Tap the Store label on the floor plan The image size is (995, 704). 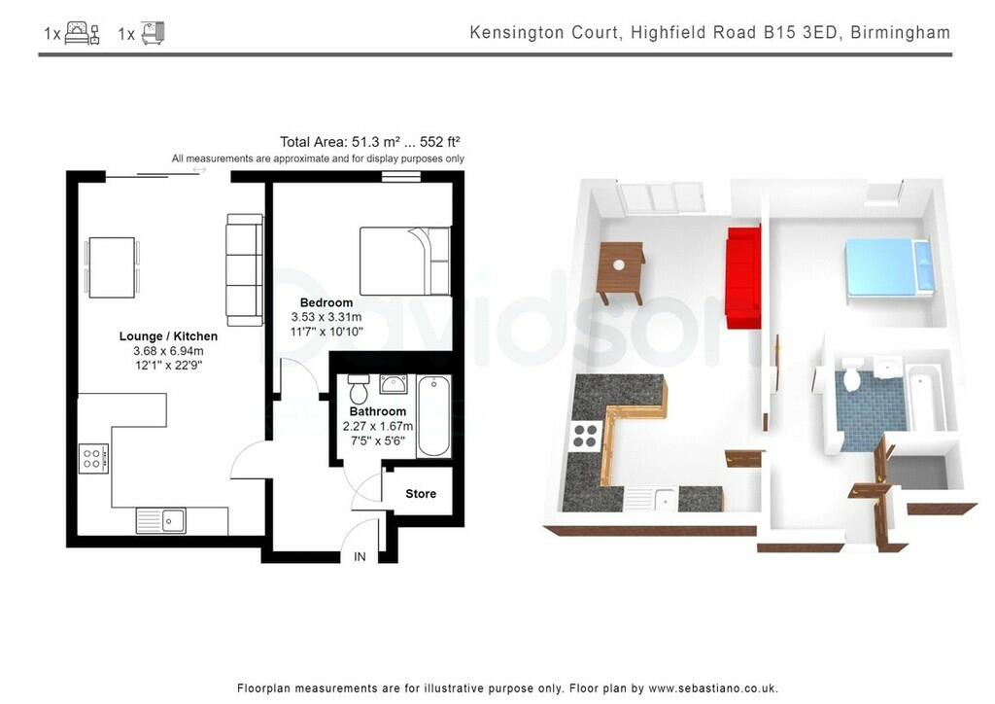click(x=421, y=494)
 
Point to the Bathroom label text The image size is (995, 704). click(x=378, y=412)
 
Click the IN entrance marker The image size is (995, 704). click(x=360, y=556)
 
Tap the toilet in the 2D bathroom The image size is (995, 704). click(x=358, y=390)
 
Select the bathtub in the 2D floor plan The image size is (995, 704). click(x=433, y=417)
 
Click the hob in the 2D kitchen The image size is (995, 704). click(x=94, y=458)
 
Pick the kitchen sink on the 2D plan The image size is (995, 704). click(x=162, y=520)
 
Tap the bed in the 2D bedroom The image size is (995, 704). click(x=405, y=261)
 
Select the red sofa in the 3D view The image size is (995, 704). click(x=743, y=278)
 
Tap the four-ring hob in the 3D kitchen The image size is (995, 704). click(x=586, y=436)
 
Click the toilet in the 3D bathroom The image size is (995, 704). click(x=852, y=376)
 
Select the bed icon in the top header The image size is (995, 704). click(x=83, y=34)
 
